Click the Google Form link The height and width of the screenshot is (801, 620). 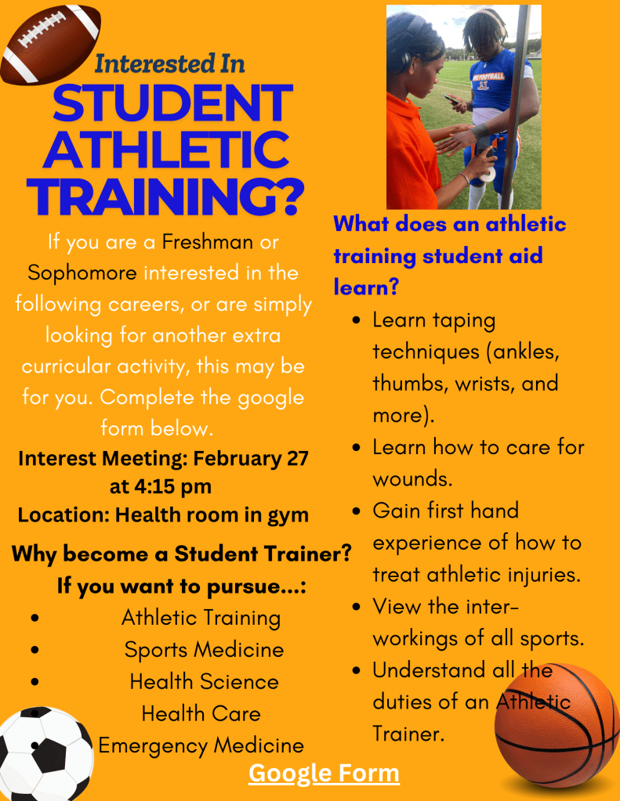[324, 773]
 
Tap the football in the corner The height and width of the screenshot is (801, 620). [51, 45]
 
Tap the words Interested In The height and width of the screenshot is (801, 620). [169, 63]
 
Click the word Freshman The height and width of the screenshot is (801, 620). [208, 241]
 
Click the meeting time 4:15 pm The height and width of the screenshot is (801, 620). [161, 486]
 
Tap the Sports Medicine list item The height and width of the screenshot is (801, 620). [204, 650]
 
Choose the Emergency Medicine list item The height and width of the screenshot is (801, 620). [201, 745]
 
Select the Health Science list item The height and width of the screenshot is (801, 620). [204, 682]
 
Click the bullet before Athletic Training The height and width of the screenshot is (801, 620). [34, 619]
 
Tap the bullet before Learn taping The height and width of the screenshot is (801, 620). [357, 321]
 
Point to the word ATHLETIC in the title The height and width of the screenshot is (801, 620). [166, 150]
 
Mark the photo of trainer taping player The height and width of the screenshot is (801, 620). [463, 106]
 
